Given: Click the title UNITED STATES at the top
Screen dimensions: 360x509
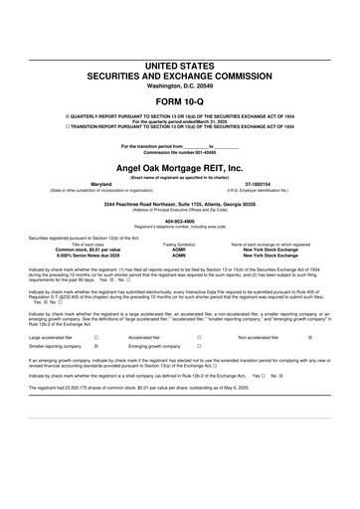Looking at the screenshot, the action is pyautogui.click(x=179, y=65).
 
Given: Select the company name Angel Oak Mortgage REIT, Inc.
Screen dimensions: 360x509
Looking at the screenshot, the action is pyautogui.click(x=179, y=169).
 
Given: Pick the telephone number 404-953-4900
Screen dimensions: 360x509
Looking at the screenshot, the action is pyautogui.click(x=179, y=223).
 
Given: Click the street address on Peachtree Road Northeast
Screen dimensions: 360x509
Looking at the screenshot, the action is pyautogui.click(x=179, y=204).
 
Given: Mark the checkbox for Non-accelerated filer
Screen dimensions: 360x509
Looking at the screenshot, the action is pyautogui.click(x=310, y=338).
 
